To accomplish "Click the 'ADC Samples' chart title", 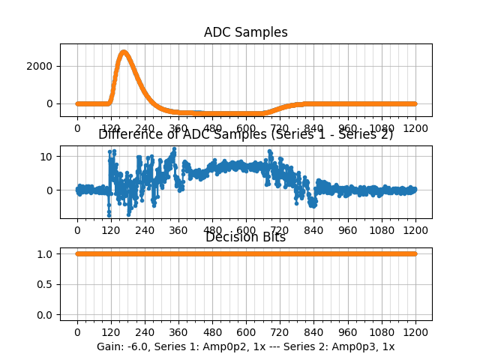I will pos(245,32).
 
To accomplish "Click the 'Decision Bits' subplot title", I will pos(245,238).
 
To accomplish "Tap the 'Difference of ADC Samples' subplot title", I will pos(245,135).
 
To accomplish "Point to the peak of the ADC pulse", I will pos(124,52).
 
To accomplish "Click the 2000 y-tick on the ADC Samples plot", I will pos(40,66).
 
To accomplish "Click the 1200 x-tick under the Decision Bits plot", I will pos(415,331).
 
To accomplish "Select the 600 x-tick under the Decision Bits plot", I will pos(246,331).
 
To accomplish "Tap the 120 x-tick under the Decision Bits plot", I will pos(111,331).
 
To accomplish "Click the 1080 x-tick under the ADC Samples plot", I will pos(382,127).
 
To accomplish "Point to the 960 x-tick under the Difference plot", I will pos(348,229).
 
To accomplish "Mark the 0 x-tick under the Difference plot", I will pos(77,229).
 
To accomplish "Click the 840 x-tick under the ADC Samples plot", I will pos(314,127).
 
